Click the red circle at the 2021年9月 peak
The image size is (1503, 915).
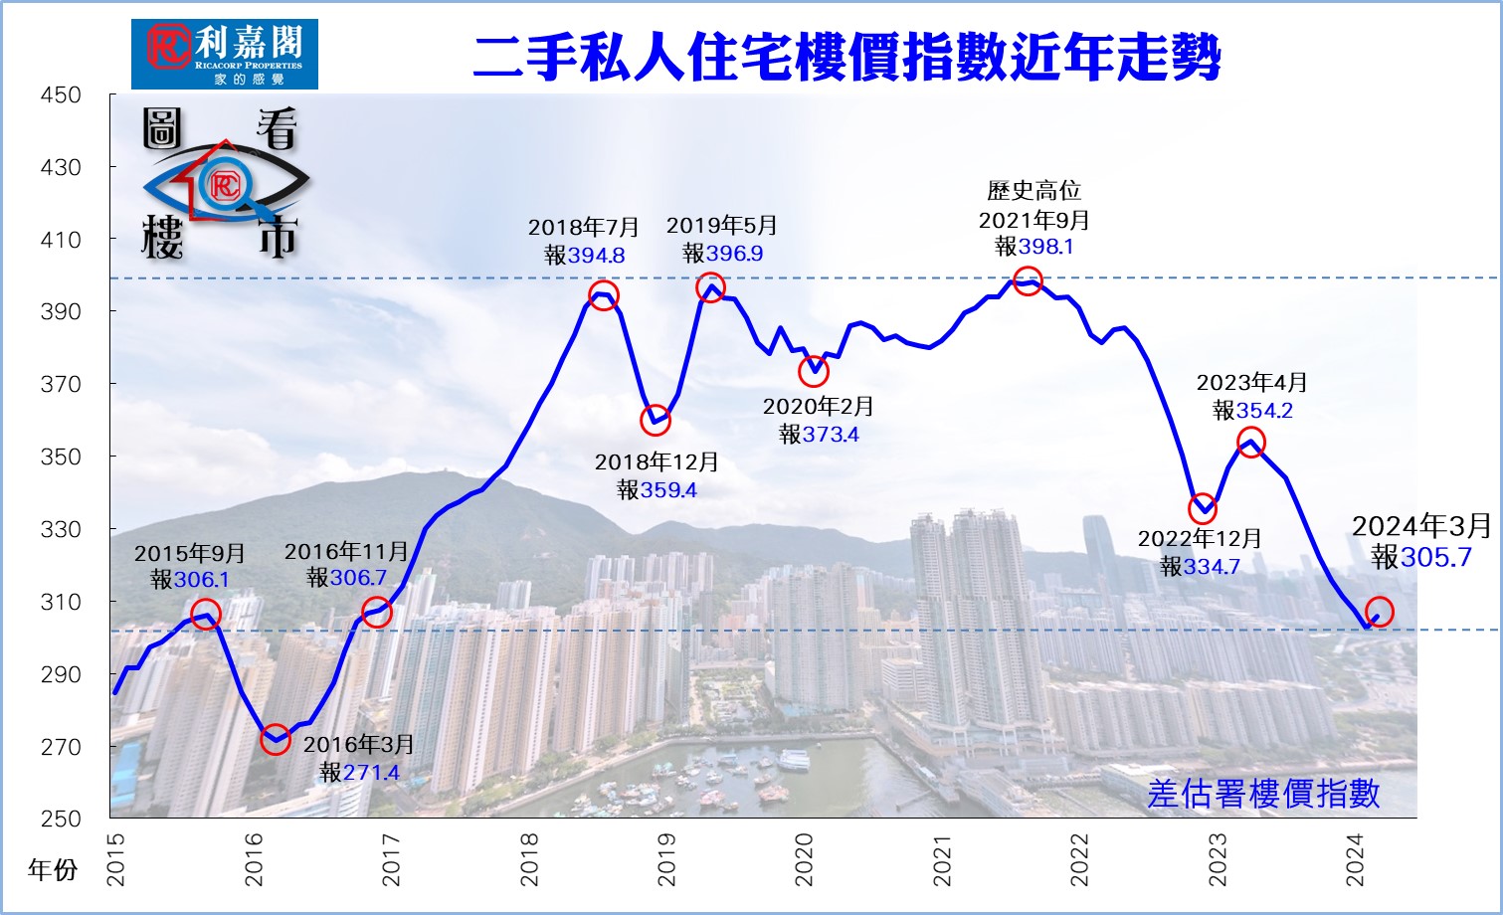1028,280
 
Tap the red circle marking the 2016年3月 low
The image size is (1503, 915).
276,739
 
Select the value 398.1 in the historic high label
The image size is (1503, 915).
1046,247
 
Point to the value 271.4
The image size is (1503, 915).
371,773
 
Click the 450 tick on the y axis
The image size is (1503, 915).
61,95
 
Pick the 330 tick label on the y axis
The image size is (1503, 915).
61,529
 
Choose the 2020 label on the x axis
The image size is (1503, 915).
804,859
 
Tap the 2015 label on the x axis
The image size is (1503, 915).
116,859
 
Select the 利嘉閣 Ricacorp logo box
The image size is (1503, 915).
225,54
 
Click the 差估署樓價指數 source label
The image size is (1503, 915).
1263,793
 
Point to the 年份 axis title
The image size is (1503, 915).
53,870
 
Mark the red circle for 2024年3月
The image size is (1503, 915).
1380,612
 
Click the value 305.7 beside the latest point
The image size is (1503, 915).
1435,557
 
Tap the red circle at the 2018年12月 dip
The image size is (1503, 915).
656,421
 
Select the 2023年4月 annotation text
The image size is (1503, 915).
1251,383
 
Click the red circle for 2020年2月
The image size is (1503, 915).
814,371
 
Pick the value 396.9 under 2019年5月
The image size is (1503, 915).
735,254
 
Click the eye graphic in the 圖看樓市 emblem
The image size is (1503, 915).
224,184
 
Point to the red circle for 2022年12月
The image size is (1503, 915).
1203,508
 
